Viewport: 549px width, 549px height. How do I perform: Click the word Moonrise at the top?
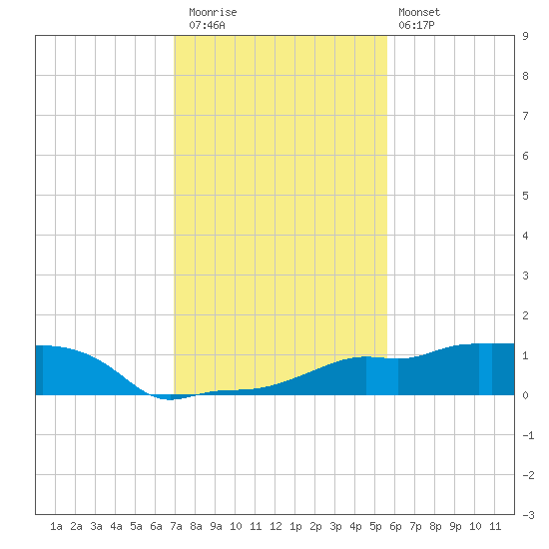pyautogui.click(x=213, y=12)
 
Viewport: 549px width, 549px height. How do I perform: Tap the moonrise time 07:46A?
pyautogui.click(x=207, y=25)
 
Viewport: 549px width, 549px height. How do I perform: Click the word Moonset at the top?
pyautogui.click(x=419, y=12)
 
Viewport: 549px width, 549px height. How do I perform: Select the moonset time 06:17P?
pyautogui.click(x=416, y=25)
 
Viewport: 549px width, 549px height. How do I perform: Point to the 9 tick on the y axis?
pyautogui.click(x=525, y=36)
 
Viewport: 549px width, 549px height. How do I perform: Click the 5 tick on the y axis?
pyautogui.click(x=525, y=196)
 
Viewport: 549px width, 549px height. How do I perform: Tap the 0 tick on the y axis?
pyautogui.click(x=525, y=395)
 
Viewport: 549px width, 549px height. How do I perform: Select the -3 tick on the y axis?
pyautogui.click(x=528, y=515)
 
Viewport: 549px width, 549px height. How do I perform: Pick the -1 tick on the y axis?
pyautogui.click(x=528, y=435)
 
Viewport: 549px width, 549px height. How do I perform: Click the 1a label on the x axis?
pyautogui.click(x=56, y=526)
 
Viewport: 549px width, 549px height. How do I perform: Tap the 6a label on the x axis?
pyautogui.click(x=156, y=526)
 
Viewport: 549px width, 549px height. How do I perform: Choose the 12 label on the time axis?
pyautogui.click(x=275, y=526)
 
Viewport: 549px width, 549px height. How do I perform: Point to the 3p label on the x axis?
pyautogui.click(x=335, y=526)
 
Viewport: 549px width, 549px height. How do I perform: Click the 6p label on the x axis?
pyautogui.click(x=395, y=526)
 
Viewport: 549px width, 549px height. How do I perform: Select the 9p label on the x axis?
pyautogui.click(x=455, y=526)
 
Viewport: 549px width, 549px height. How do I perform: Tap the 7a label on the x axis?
pyautogui.click(x=176, y=526)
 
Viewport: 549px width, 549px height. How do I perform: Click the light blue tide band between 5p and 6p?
pyautogui.click(x=382, y=376)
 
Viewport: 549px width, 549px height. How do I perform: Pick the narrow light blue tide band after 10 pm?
pyautogui.click(x=485, y=369)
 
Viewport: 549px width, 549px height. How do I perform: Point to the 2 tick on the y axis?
pyautogui.click(x=525, y=315)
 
